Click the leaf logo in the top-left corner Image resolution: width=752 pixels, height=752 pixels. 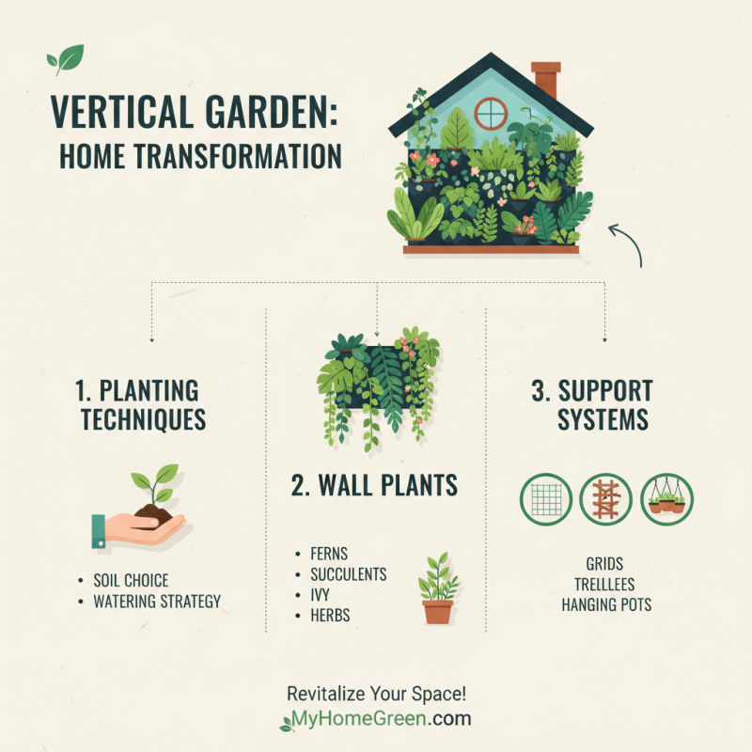click(x=66, y=59)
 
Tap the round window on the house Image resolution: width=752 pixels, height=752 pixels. click(x=490, y=114)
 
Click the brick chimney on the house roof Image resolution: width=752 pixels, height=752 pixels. click(x=544, y=79)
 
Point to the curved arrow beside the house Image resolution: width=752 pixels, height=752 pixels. click(x=626, y=242)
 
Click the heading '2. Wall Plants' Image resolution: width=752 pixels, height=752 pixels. click(x=375, y=485)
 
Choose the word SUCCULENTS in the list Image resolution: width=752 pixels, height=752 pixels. click(x=348, y=574)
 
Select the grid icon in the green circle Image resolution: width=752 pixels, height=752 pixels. click(x=546, y=499)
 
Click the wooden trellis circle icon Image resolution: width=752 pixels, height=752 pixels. click(x=605, y=499)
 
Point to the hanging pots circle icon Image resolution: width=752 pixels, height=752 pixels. click(x=666, y=499)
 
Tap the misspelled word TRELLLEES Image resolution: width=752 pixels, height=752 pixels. click(x=605, y=585)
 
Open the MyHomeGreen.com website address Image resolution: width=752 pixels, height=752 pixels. click(x=376, y=721)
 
